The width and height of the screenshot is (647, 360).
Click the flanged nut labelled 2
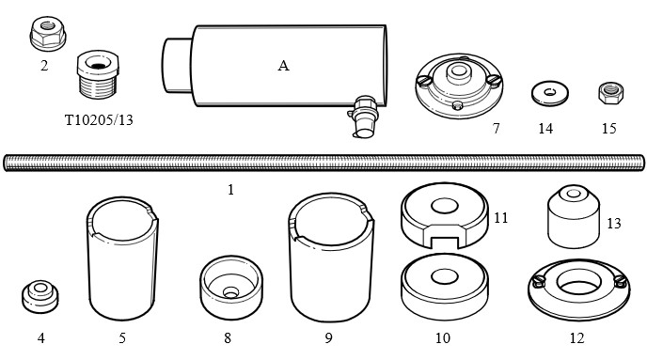[48, 34]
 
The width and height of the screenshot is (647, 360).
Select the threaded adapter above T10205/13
[98, 74]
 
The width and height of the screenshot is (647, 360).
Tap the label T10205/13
[99, 120]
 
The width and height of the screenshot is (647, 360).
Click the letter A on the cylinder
[283, 66]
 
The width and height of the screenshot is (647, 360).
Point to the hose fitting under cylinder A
[363, 117]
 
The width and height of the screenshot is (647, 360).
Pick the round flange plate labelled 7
[459, 86]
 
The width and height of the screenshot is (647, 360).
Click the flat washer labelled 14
[549, 93]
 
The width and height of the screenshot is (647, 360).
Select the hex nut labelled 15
[611, 93]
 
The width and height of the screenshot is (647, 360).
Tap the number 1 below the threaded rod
[230, 190]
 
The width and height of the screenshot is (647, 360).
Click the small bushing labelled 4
[40, 296]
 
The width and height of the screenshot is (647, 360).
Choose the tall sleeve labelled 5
[122, 258]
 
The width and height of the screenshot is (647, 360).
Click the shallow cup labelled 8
[231, 288]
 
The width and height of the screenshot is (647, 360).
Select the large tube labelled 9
[331, 258]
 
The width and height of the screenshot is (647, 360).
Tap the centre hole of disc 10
[445, 276]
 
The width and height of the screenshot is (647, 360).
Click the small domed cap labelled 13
[574, 216]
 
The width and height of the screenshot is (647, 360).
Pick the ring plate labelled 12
[579, 290]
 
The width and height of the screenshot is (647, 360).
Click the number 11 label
[501, 218]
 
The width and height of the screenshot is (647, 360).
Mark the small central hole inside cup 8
[230, 292]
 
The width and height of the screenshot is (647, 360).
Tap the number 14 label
[545, 129]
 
